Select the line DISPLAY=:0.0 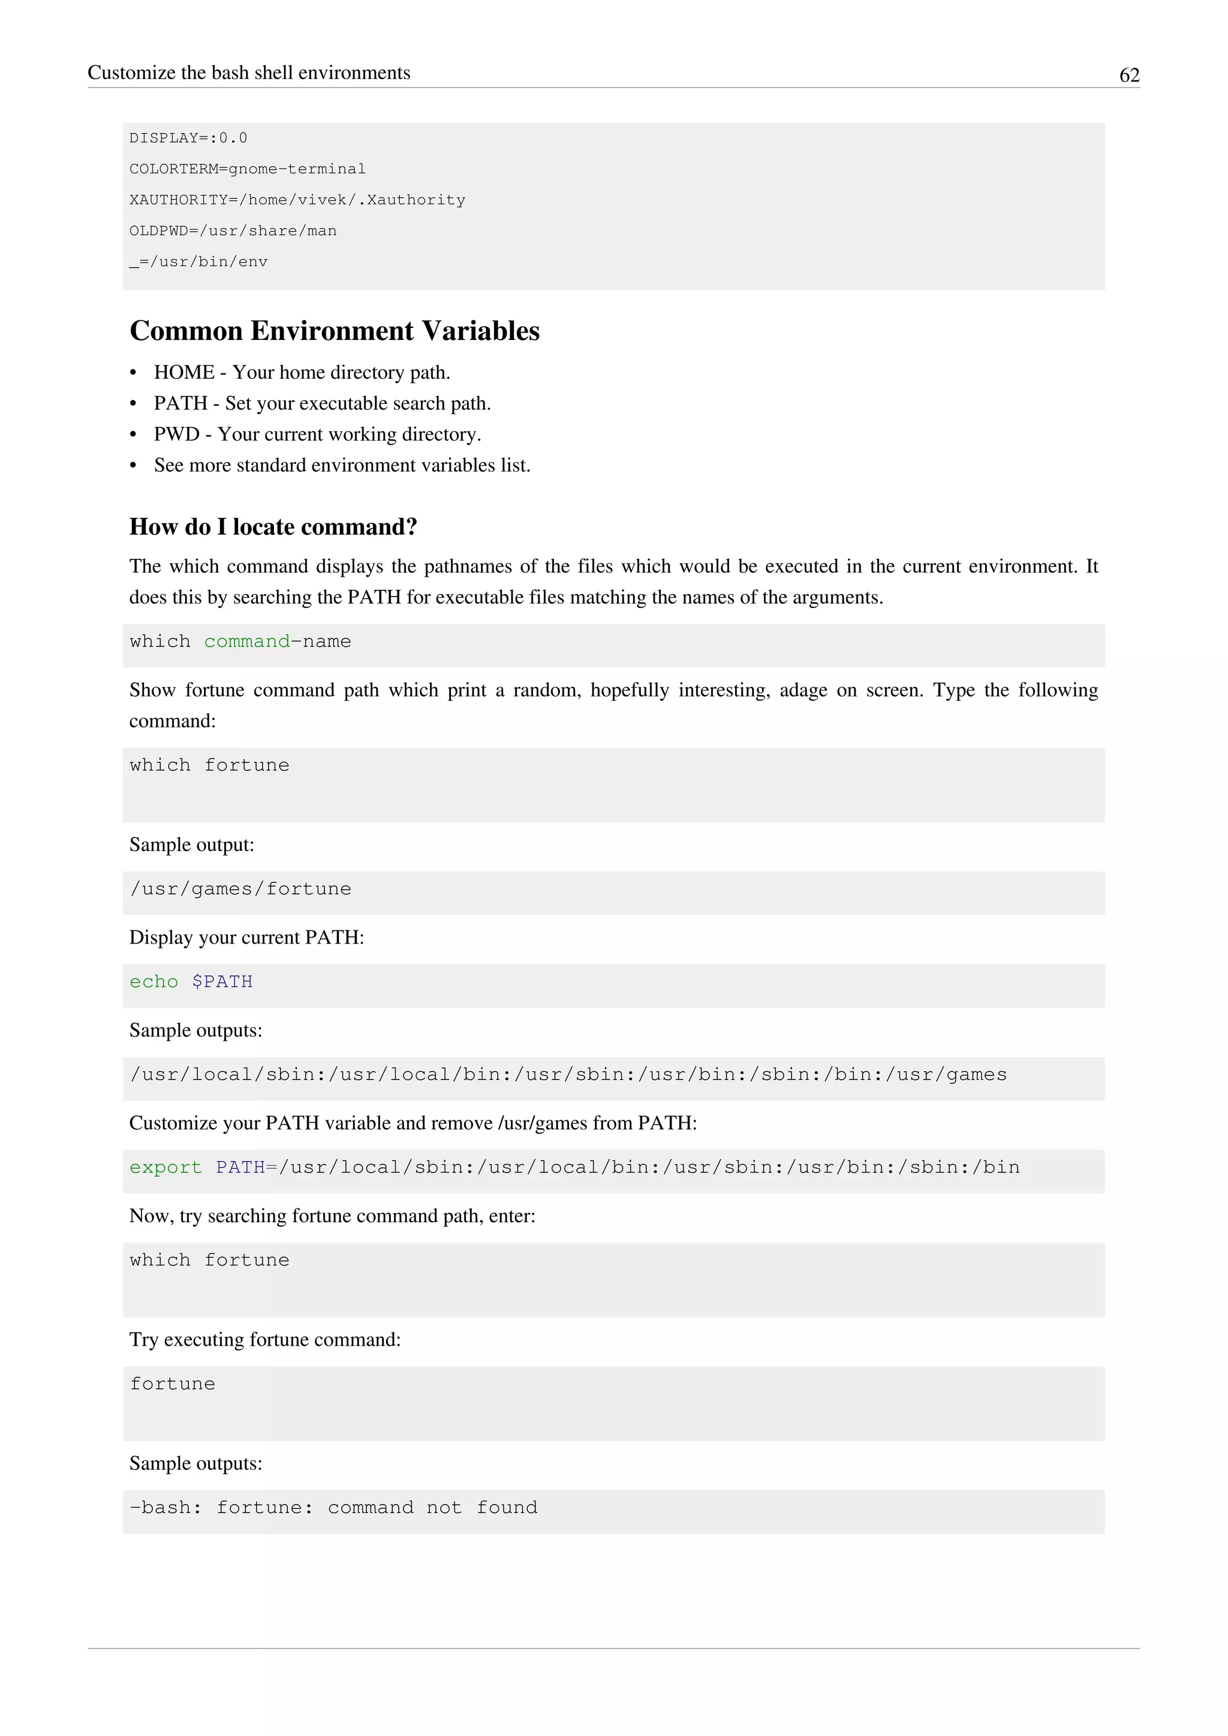pyautogui.click(x=188, y=138)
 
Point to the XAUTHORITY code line pyautogui.click(x=297, y=200)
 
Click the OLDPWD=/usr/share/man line pyautogui.click(x=233, y=231)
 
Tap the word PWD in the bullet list pyautogui.click(x=176, y=435)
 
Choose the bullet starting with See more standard pyautogui.click(x=342, y=466)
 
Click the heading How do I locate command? pyautogui.click(x=273, y=527)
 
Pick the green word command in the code pyautogui.click(x=247, y=642)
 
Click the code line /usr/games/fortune pyautogui.click(x=240, y=889)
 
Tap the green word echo pyautogui.click(x=153, y=982)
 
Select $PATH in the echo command pyautogui.click(x=222, y=982)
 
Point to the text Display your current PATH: pyautogui.click(x=246, y=938)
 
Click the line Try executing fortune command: pyautogui.click(x=264, y=1340)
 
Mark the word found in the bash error pyautogui.click(x=507, y=1508)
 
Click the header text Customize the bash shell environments pyautogui.click(x=249, y=73)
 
